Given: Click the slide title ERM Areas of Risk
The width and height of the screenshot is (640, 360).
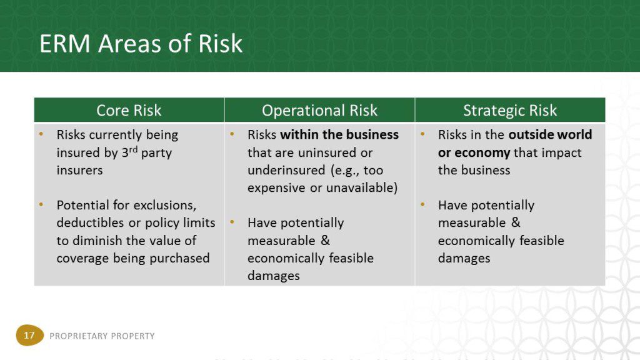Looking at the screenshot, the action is coord(141,44).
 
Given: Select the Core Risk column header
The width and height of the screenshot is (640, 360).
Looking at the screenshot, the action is coord(129,110).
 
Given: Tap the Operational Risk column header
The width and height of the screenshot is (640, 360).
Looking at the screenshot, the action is coord(319,110).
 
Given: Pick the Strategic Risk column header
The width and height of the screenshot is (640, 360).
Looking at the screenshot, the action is coord(510,110).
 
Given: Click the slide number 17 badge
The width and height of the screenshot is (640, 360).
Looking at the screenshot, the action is coord(29,335).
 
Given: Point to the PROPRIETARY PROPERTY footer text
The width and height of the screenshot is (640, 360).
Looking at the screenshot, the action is coord(102,336).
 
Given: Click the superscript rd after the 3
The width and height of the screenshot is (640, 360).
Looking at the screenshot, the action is coord(134,150).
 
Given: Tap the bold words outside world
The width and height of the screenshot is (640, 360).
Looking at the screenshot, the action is coord(550,135).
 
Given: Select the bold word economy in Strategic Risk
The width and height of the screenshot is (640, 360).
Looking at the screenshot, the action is coord(482,153).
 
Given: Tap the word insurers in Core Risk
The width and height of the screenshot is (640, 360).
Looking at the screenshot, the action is coord(79,170).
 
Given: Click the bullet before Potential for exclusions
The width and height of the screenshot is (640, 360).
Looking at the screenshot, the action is coord(41,204).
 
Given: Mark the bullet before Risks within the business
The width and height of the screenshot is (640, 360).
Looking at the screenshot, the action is coord(232,134).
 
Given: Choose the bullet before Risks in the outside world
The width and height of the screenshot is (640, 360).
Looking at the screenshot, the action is coord(422,134).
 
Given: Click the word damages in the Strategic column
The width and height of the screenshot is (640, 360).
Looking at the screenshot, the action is coord(464,258).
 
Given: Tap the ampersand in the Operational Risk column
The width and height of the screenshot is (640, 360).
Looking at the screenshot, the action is coord(325,240).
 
